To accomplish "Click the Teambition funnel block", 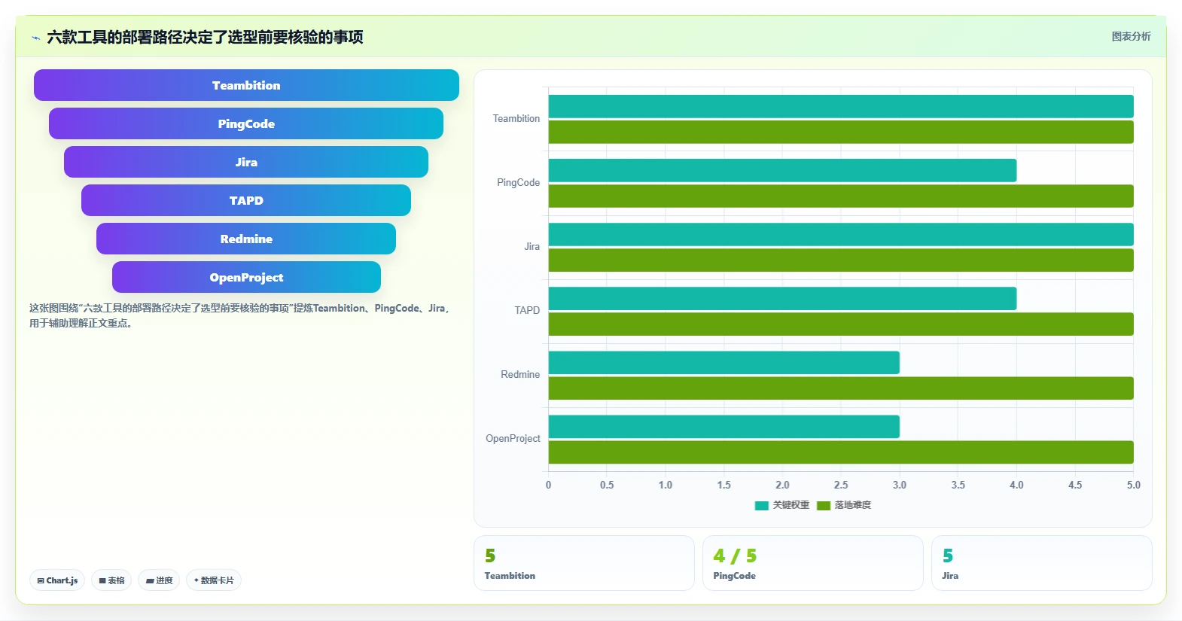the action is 246,85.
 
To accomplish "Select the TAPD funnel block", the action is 246,200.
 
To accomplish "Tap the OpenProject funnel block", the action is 246,277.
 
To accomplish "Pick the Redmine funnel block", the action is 246,239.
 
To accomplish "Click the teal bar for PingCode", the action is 782,170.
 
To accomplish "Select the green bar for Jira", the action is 841,260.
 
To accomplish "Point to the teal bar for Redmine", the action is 724,363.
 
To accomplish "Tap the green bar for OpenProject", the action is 841,452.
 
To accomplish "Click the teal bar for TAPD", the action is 782,299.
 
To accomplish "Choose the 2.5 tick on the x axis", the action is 841,485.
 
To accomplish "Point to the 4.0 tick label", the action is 1017,485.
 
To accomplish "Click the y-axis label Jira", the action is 532,246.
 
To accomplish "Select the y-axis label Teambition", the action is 516,119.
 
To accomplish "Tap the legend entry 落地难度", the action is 844,505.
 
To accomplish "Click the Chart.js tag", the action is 57,580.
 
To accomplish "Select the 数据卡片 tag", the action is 214,580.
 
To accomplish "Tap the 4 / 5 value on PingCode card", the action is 735,556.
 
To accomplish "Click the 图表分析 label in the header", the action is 1132,36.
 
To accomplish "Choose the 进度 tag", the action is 159,580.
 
